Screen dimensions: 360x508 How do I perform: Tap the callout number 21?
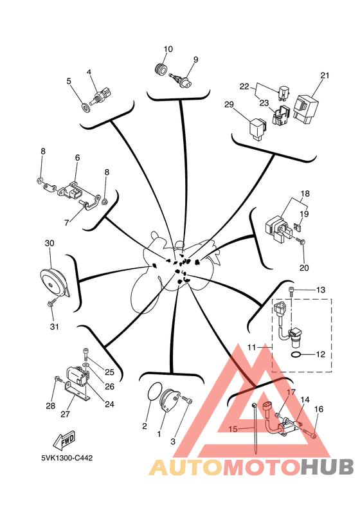(x=325, y=75)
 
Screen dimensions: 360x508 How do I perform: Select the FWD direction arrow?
(x=64, y=440)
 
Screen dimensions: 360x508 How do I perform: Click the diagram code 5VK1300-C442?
(x=67, y=458)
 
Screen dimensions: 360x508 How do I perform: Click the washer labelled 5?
(x=86, y=107)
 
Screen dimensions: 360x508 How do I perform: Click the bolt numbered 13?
(x=291, y=291)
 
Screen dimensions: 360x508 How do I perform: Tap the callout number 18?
(x=305, y=194)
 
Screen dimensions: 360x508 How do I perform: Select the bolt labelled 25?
(x=86, y=354)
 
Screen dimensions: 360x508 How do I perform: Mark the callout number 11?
(x=251, y=347)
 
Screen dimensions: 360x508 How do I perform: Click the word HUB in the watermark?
(x=327, y=467)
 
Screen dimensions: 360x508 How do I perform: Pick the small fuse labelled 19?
(x=297, y=227)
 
